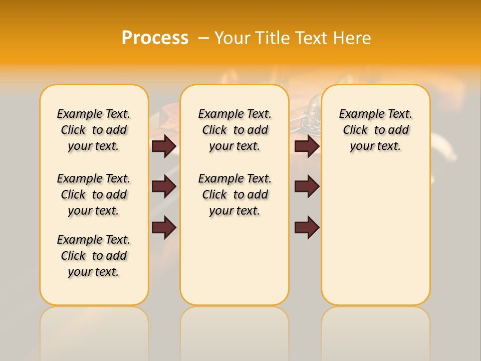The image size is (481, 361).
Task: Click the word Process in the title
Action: (x=154, y=38)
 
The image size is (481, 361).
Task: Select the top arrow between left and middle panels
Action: (x=164, y=146)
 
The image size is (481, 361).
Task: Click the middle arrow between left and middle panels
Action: (x=164, y=187)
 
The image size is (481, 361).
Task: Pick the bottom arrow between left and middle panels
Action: (x=164, y=228)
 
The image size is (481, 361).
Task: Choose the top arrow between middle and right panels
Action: (x=307, y=146)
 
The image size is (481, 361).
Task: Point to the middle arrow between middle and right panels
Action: (x=307, y=187)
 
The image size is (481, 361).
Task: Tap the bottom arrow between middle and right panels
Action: (x=307, y=228)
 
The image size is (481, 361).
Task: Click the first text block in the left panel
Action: (x=94, y=130)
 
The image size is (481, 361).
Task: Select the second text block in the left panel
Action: (x=94, y=195)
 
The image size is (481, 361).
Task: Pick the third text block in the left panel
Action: (x=94, y=256)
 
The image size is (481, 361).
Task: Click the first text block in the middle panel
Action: (x=234, y=130)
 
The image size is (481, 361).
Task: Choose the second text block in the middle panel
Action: (x=234, y=195)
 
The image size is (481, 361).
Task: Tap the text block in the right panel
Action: (x=375, y=130)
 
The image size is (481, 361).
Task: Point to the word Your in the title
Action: (x=231, y=38)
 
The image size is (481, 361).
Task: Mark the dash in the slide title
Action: (x=203, y=38)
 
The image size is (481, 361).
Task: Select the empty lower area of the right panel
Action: (x=375, y=236)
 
